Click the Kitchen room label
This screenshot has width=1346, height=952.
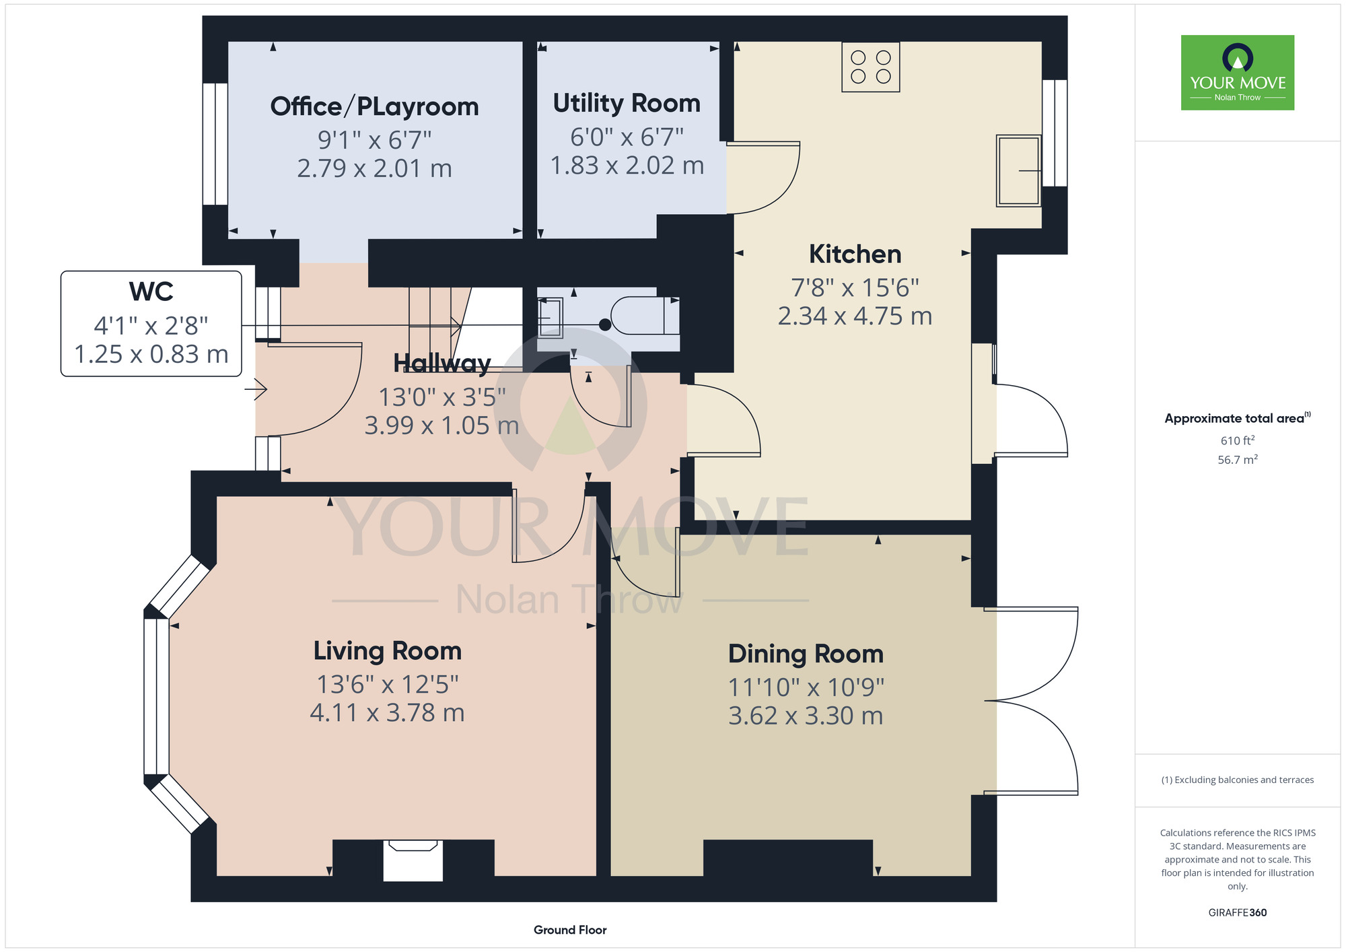coord(855,254)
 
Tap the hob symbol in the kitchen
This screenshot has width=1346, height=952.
coord(871,67)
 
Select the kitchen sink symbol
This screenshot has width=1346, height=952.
coord(1018,170)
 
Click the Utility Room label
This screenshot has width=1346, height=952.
coord(627,104)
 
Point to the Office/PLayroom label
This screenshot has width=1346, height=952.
coord(374,106)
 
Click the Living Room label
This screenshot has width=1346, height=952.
coord(388,651)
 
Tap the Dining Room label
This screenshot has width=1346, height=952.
coord(806,654)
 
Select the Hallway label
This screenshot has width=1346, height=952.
coord(441,364)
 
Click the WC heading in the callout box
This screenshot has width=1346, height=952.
coord(151,292)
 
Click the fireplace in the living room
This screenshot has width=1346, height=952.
coord(413,860)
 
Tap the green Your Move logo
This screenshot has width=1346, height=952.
coord(1238,73)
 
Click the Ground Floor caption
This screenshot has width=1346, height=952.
coord(570,930)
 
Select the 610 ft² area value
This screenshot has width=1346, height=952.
coord(1238,440)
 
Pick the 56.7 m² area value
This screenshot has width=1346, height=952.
coord(1238,460)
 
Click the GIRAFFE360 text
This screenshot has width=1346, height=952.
coord(1238,913)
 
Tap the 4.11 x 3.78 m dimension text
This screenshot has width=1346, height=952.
coord(388,713)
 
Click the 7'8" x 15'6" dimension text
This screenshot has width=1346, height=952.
coord(855,288)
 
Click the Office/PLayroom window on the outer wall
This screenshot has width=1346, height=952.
coord(215,144)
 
